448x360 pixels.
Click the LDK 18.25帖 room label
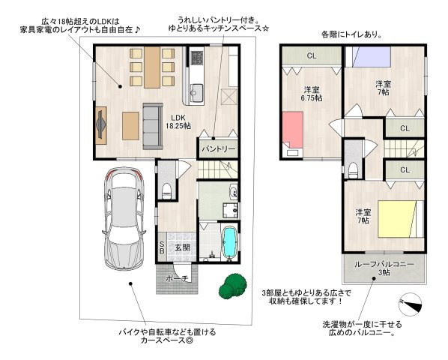click(178, 121)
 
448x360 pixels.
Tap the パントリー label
click(219, 149)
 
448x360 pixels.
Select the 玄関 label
click(182, 247)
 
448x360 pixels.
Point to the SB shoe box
click(161, 247)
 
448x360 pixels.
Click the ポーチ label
click(177, 278)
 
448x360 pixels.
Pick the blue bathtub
click(229, 242)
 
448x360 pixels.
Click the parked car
click(124, 218)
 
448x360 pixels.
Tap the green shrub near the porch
click(233, 286)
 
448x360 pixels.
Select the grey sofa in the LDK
click(153, 127)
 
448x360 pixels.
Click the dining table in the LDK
click(152, 67)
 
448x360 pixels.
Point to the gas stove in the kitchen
click(196, 58)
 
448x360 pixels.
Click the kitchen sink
click(196, 92)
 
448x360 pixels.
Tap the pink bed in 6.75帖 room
click(293, 130)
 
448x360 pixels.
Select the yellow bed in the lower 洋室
click(396, 219)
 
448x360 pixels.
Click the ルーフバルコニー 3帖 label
click(384, 268)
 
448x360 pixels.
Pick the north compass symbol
click(411, 304)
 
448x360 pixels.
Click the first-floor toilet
click(166, 190)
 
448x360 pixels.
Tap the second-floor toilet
click(354, 170)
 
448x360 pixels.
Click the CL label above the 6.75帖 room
click(312, 55)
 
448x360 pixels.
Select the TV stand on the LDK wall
click(101, 125)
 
